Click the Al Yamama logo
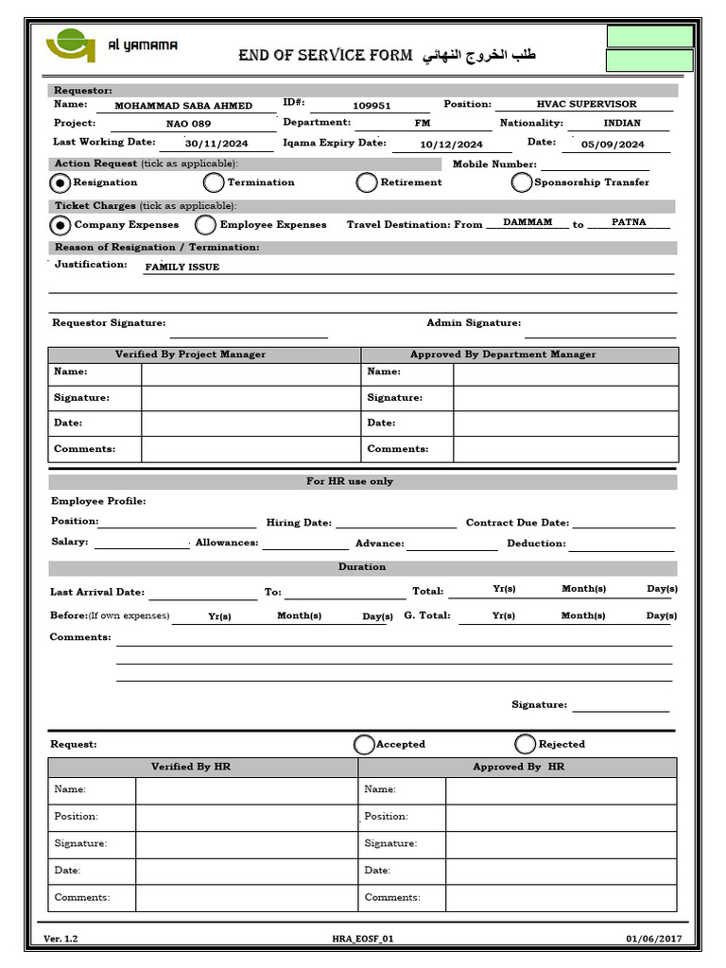71,45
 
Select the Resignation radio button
60,182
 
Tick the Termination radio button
214,182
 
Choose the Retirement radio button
367,182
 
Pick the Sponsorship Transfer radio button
522,182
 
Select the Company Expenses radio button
60,225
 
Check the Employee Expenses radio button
205,225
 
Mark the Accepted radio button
364,744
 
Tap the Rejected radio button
526,744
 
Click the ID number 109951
372,106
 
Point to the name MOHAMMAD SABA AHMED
183,106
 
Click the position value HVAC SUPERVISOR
586,104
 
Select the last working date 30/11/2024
216,145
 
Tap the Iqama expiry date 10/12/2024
451,145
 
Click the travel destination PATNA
629,221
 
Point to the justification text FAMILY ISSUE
181,268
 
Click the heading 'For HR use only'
363,481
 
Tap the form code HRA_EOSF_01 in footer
362,939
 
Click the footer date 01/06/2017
652,939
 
